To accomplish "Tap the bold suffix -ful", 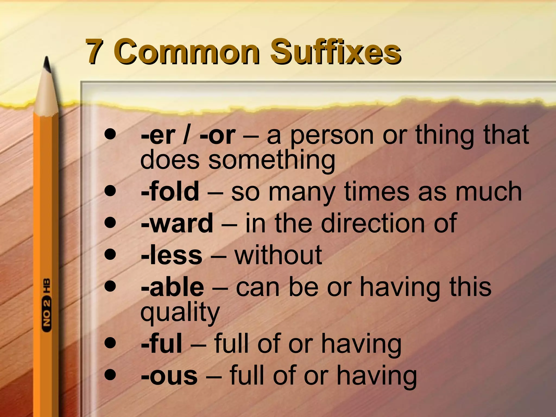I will [162, 344].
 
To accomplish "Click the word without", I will [278, 255].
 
